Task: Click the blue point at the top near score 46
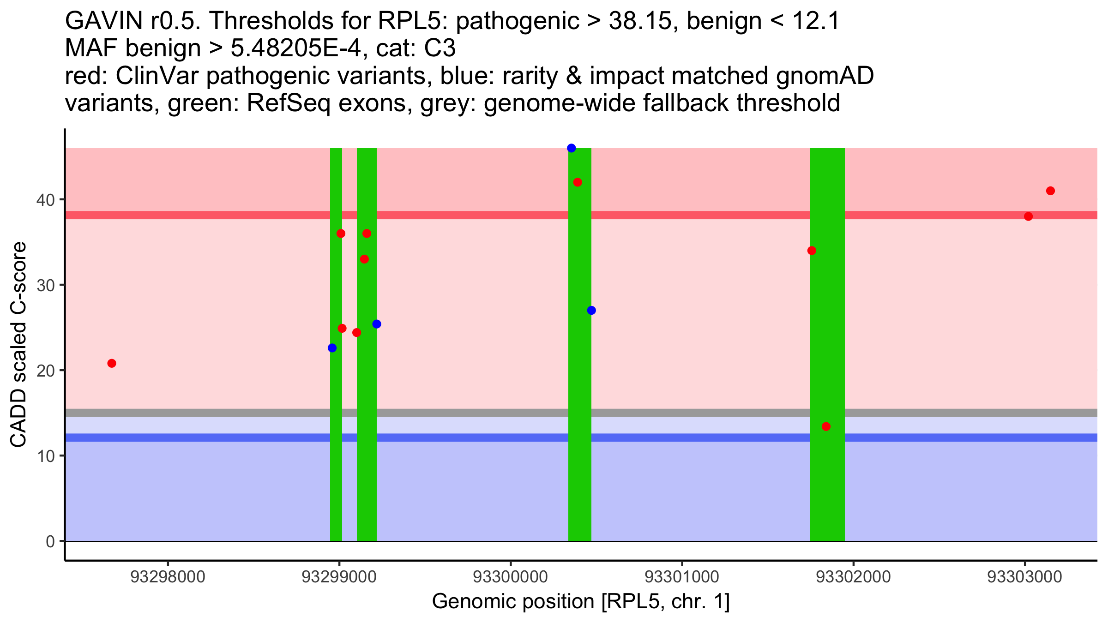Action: [x=571, y=148]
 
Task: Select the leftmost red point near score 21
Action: [x=112, y=363]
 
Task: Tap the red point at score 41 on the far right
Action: [x=1050, y=191]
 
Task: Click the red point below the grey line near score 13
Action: [x=826, y=426]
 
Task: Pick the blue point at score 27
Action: [x=591, y=310]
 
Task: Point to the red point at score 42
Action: [x=578, y=182]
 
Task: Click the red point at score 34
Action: [x=812, y=251]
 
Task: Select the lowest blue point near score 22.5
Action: [x=332, y=348]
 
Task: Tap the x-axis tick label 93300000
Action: [x=511, y=577]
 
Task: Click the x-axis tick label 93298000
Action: [x=168, y=577]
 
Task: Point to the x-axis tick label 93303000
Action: [x=1024, y=577]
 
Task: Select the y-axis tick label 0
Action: [x=50, y=541]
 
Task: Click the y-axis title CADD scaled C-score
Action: [x=18, y=345]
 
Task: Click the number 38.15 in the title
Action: [x=640, y=21]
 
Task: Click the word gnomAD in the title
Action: [x=825, y=76]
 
